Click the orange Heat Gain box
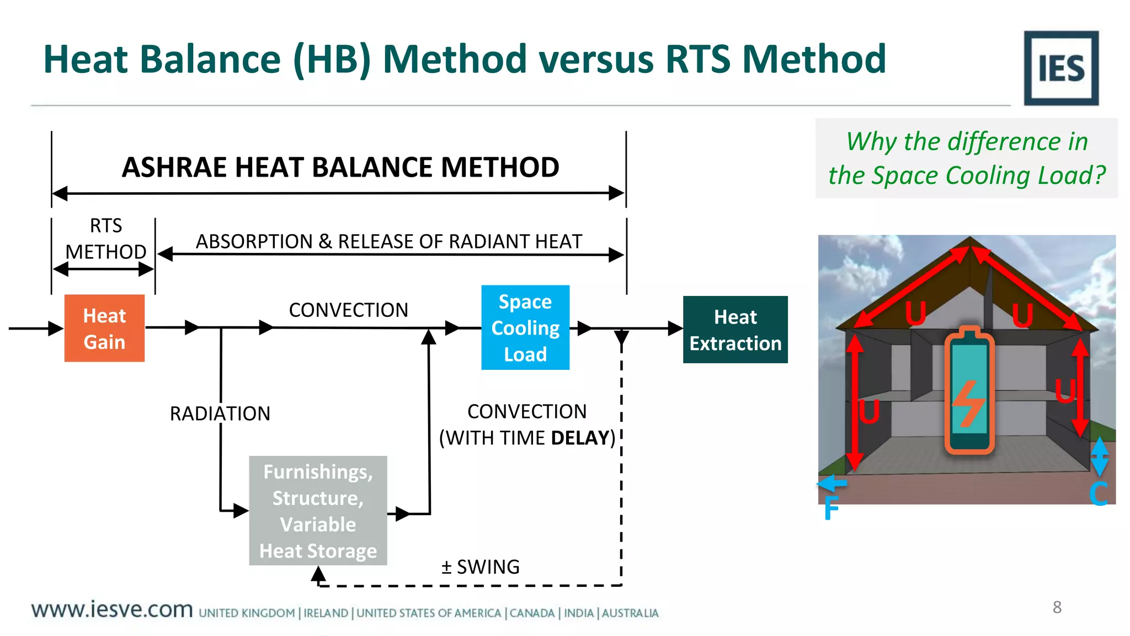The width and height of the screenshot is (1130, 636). [104, 328]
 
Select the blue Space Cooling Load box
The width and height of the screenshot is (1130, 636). [525, 327]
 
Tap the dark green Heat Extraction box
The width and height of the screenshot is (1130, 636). [735, 330]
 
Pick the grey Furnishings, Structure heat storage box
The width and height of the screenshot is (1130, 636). [318, 511]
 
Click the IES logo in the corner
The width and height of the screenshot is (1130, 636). [1060, 68]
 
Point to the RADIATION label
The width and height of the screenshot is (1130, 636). [220, 414]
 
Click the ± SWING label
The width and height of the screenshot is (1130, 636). [480, 567]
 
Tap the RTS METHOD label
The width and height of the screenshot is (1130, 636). [105, 239]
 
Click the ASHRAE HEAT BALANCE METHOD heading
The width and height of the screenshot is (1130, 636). [340, 167]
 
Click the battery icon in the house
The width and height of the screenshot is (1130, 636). [969, 390]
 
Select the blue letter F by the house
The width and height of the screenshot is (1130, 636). [831, 508]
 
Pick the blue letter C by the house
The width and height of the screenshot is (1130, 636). [1098, 494]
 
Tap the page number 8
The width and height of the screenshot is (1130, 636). [1057, 607]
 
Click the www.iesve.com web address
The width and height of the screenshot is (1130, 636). [112, 609]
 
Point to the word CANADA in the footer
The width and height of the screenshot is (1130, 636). [532, 613]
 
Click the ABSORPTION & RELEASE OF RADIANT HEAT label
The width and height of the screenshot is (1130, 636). [389, 241]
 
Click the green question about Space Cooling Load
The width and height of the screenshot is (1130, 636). [966, 158]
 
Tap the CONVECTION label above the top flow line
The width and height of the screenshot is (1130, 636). [348, 310]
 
